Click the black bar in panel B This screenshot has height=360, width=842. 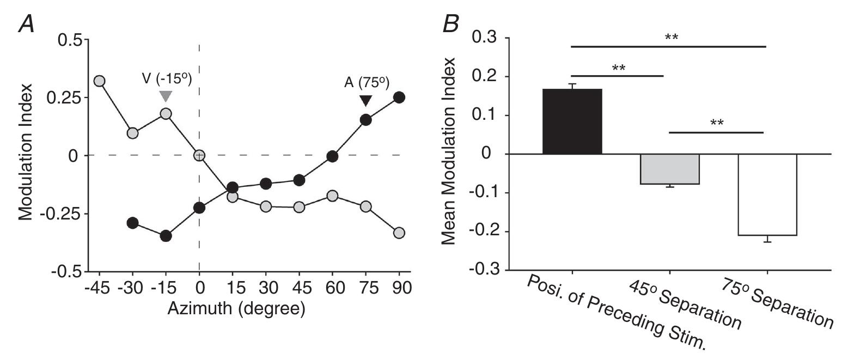coord(572,121)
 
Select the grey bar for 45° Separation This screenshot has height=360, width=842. coord(669,169)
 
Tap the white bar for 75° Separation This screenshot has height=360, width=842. coord(767,194)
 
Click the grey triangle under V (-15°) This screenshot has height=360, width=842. coord(166,96)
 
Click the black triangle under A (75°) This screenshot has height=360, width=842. coord(366,101)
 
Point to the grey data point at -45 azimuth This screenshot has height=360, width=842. coord(99,81)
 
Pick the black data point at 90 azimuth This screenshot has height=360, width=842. coord(399,97)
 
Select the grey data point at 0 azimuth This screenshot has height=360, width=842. coord(199,155)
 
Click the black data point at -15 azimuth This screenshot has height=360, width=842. coord(166,236)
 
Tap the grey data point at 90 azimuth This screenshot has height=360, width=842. coord(399,233)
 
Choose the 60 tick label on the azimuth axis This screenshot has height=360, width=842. coord(332,286)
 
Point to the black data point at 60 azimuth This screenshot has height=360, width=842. coord(332,156)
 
